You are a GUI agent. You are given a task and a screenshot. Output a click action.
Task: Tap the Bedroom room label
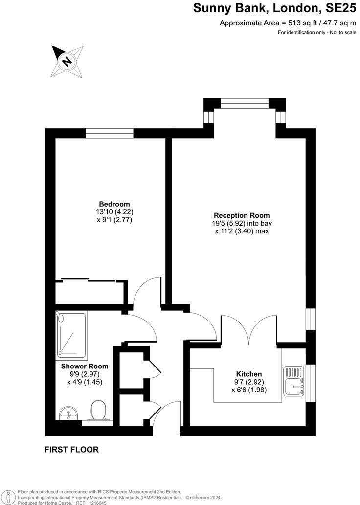(x=114, y=204)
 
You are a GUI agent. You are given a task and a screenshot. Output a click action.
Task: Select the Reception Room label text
(x=242, y=215)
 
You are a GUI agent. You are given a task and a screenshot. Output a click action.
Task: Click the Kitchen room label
(x=248, y=374)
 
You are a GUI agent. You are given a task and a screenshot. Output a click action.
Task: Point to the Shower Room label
(x=85, y=366)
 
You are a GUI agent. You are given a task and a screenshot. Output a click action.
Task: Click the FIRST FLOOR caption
(x=71, y=449)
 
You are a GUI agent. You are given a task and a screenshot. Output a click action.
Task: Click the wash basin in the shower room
(x=67, y=414)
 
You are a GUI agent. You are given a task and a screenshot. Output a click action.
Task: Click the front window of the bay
(x=245, y=103)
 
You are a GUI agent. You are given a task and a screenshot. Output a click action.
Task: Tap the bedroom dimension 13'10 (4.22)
(x=115, y=212)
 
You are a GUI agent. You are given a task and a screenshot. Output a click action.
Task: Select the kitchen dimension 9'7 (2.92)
(x=248, y=382)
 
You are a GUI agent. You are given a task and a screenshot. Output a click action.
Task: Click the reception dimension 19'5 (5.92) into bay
(x=242, y=224)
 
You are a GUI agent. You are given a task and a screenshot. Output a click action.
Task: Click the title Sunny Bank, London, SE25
(x=274, y=8)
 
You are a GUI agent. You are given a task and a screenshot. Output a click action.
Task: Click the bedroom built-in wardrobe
(x=91, y=292)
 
